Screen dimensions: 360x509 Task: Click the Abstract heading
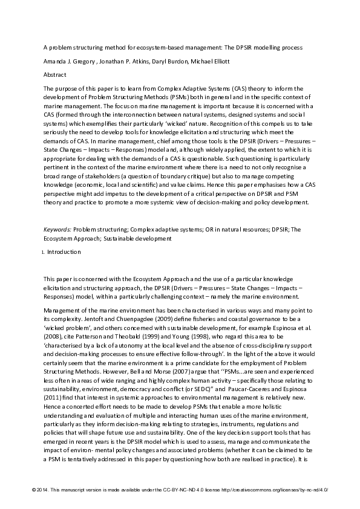pyautogui.click(x=55, y=75)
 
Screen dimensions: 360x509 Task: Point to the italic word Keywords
pyautogui.click(x=57, y=230)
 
